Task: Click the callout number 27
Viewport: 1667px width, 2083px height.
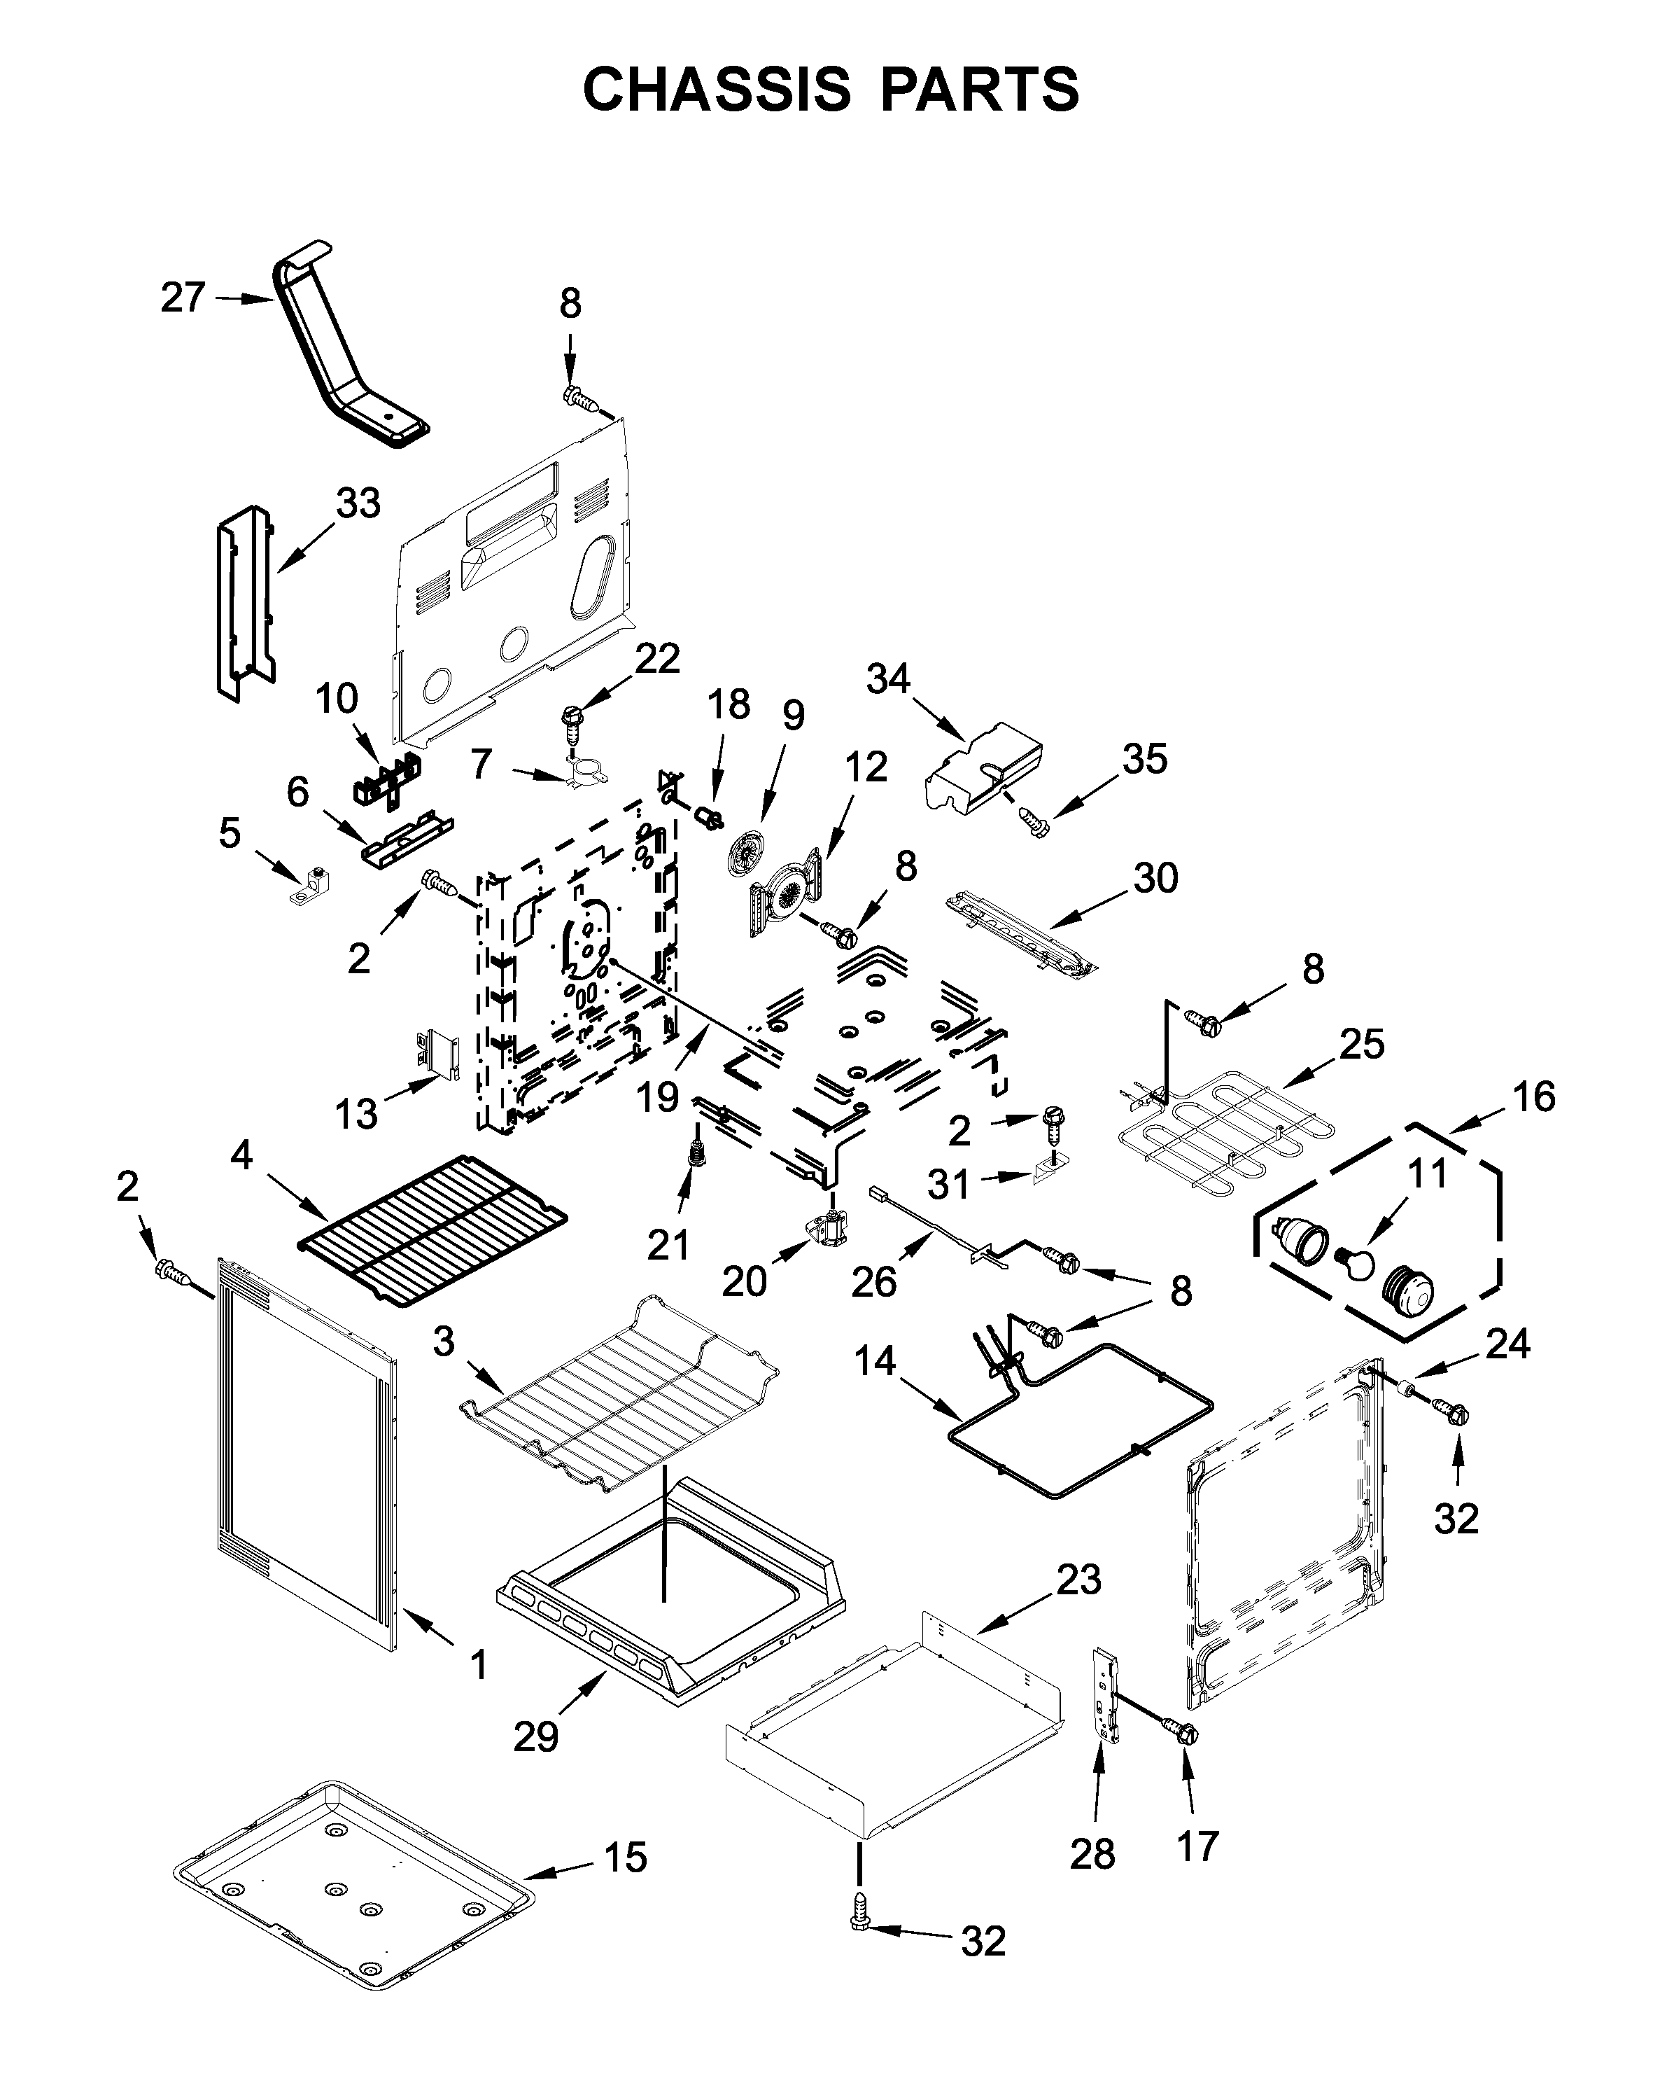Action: tap(183, 298)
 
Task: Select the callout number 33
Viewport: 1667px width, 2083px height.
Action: tap(358, 503)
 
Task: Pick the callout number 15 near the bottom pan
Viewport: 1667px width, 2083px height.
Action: tap(625, 1858)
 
